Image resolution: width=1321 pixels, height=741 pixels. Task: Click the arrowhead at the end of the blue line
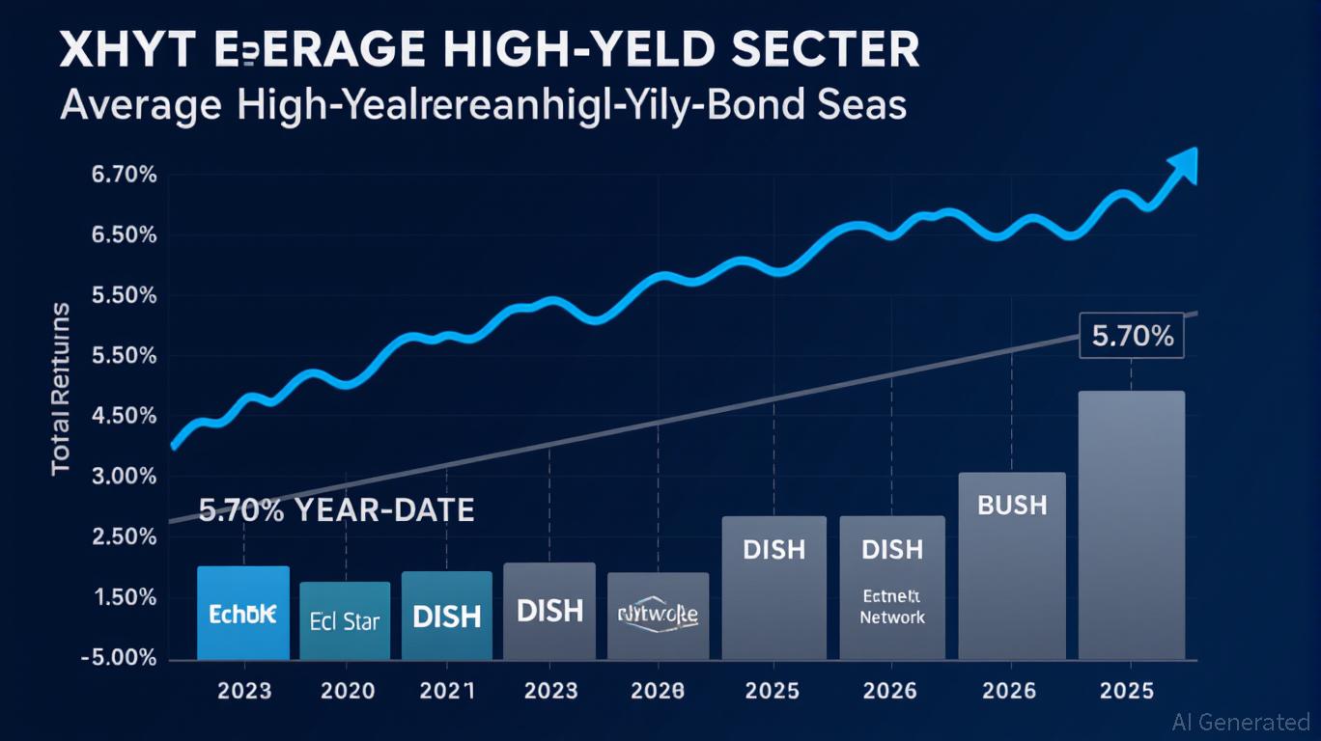pos(1184,166)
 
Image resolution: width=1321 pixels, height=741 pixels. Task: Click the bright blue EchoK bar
pos(242,613)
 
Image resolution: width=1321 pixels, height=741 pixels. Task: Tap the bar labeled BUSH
pos(1011,566)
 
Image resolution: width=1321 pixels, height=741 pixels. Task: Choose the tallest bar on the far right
pos(1131,526)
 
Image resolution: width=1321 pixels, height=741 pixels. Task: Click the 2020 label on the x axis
pos(345,691)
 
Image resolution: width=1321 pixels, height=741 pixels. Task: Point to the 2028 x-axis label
pos(658,691)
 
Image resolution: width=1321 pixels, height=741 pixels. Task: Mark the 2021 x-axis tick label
pos(447,691)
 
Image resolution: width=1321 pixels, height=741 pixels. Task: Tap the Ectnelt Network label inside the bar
pos(892,607)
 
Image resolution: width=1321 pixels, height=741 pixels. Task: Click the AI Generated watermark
pos(1240,722)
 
